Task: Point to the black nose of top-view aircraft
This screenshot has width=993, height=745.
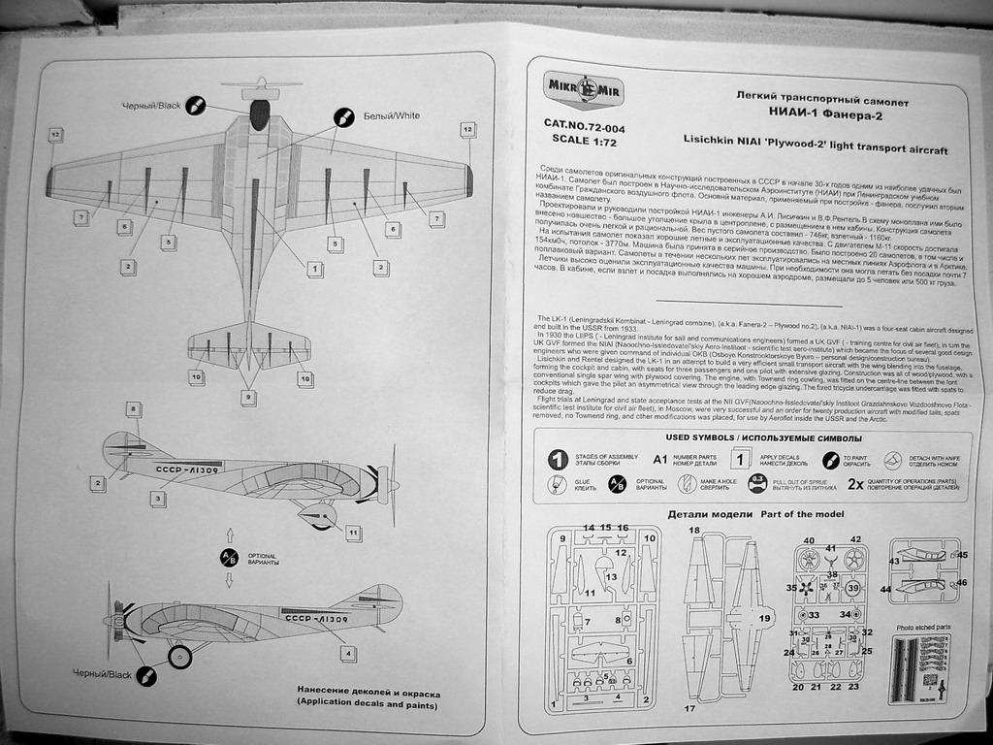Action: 259,113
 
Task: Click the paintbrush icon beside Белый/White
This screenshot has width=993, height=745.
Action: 342,117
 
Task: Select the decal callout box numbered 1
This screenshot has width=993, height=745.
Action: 315,269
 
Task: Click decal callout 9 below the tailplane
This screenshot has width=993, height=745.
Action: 249,397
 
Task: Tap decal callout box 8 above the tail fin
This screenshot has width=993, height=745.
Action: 133,410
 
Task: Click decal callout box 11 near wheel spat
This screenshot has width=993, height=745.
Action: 353,533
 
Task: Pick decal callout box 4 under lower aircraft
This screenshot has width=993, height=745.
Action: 348,654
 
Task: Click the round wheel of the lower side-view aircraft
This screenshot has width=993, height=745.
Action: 180,657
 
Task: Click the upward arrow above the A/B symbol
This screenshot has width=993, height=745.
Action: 230,534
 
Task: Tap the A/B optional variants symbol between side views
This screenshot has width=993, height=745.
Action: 230,558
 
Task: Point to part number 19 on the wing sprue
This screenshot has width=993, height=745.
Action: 765,618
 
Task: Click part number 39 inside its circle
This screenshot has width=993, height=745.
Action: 853,588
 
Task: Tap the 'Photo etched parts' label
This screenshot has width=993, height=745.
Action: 923,628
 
